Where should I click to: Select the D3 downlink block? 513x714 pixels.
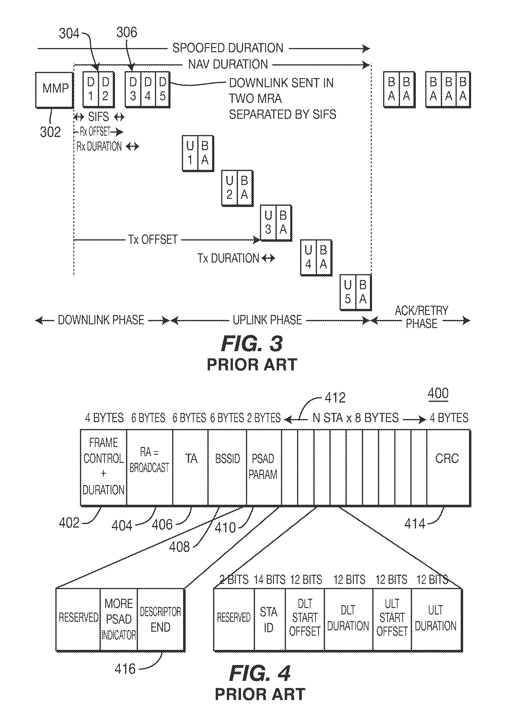coord(133,90)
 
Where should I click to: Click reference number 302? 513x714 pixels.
coord(50,132)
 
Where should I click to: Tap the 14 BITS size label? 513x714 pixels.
coord(270,580)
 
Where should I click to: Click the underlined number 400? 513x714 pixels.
coord(438,394)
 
